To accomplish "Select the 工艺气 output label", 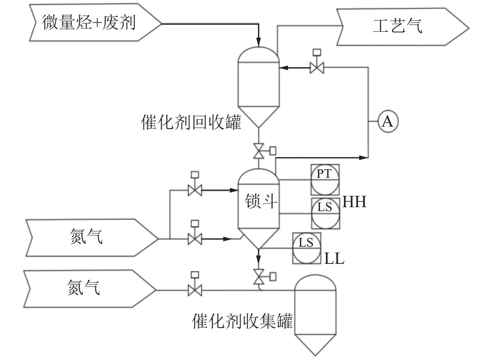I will (x=397, y=27).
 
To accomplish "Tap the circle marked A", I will (x=387, y=122).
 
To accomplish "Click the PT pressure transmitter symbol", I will (x=325, y=180).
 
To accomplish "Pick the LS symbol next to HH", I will (x=325, y=213).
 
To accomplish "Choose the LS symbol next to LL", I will (x=306, y=248).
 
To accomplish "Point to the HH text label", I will (x=354, y=202).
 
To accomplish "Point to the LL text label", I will (x=334, y=258).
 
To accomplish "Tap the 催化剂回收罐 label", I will (x=191, y=123).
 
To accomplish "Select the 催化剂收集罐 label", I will (x=242, y=322).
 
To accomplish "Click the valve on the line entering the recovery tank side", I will (x=316, y=67).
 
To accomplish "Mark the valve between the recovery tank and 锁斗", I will (x=258, y=151).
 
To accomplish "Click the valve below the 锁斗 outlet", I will (x=258, y=277).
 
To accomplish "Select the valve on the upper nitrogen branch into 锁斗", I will (x=195, y=190).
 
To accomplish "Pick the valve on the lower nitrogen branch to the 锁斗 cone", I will (x=195, y=238).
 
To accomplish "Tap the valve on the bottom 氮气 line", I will (x=195, y=290).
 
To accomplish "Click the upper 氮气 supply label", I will (x=86, y=237).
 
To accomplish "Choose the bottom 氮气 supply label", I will (x=84, y=288).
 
